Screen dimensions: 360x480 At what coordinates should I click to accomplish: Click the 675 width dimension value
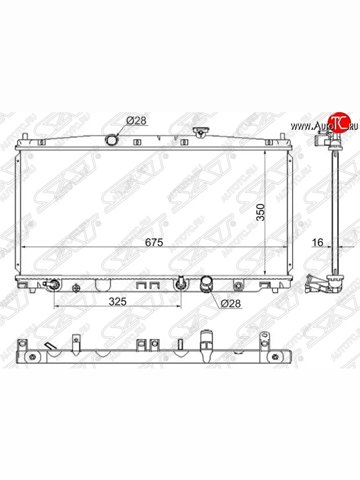coord(154,242)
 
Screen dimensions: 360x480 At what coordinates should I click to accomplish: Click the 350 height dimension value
coord(260,212)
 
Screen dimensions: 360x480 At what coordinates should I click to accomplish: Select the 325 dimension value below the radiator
coord(118,302)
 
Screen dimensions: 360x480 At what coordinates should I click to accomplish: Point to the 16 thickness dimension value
coord(318,242)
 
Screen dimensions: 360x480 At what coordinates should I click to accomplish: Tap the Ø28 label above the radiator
coord(136,120)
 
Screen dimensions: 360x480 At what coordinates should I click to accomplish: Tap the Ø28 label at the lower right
coord(231,303)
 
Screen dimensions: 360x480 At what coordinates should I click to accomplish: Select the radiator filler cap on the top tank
coord(201,132)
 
